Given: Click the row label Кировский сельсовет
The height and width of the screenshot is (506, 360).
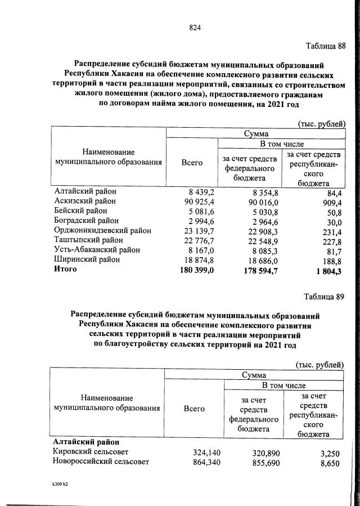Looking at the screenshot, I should pos(90,452).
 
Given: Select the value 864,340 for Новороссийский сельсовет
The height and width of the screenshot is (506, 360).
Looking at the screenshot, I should pos(199,462).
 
